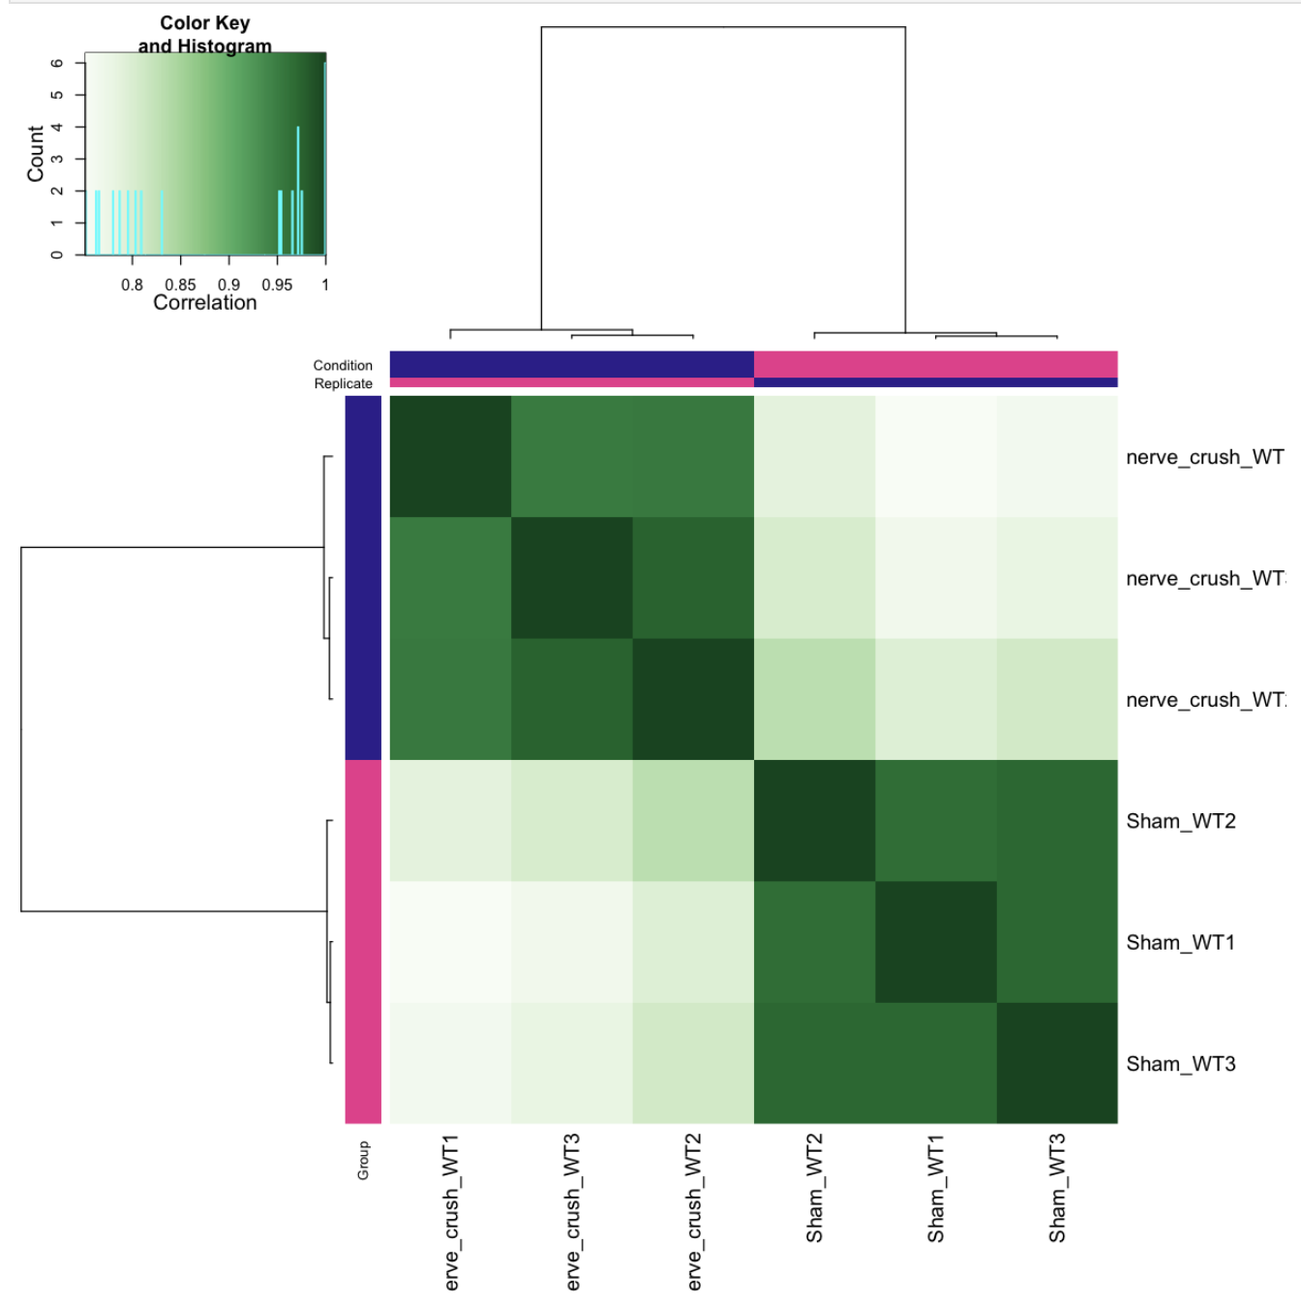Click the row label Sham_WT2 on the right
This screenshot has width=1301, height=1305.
pos(1180,821)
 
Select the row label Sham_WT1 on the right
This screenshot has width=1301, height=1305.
pos(1180,942)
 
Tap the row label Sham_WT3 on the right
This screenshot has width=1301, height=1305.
pos(1180,1064)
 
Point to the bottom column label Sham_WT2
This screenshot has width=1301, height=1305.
pos(814,1188)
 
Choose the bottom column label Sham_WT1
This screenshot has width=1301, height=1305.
pos(935,1188)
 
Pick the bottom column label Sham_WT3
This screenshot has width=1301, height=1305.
pos(1057,1188)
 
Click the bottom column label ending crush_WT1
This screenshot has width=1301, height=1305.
pos(451,1212)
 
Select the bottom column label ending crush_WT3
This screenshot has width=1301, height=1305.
pos(572,1212)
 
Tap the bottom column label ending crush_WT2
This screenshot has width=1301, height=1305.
pos(694,1212)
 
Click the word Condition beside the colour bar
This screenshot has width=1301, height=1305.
pos(343,365)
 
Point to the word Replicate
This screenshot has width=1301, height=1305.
pos(343,383)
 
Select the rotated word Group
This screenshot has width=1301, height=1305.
pos(363,1160)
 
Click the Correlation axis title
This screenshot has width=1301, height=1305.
pos(205,303)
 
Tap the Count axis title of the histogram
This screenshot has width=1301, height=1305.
pos(36,153)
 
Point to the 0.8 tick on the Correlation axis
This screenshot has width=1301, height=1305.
pos(132,285)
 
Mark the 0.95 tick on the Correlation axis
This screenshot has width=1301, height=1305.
pos(277,285)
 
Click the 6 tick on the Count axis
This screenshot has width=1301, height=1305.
pos(57,63)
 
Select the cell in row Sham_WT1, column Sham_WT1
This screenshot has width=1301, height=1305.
pos(935,942)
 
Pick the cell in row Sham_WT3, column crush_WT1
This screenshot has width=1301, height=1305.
pos(451,1063)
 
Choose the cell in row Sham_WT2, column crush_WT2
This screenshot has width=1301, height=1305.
pos(694,821)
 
